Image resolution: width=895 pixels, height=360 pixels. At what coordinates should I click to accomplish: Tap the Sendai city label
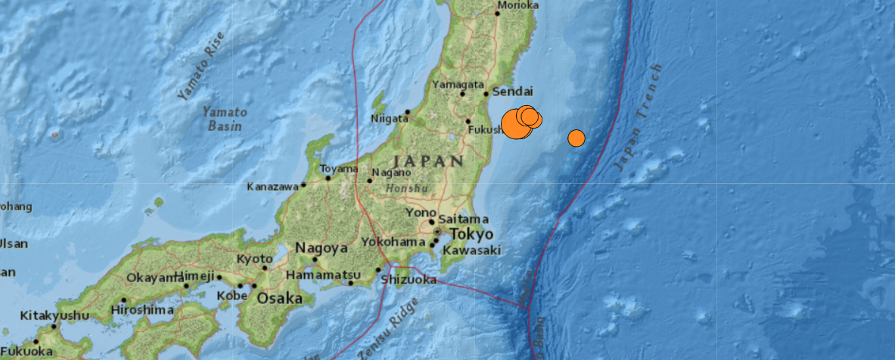pyautogui.click(x=512, y=92)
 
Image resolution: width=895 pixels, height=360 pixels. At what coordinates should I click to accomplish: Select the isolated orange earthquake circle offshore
pyautogui.click(x=576, y=138)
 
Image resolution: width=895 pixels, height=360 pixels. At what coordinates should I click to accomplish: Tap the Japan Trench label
pyautogui.click(x=639, y=117)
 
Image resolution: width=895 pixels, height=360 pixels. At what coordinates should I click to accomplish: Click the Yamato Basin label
pyautogui.click(x=222, y=119)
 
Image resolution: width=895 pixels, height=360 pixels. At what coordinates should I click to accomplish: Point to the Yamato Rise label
pyautogui.click(x=201, y=67)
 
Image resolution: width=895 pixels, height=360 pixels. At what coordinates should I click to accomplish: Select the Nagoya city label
pyautogui.click(x=321, y=247)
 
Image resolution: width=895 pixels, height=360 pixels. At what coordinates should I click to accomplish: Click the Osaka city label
pyautogui.click(x=280, y=298)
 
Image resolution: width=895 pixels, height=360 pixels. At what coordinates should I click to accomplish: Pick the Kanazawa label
pyautogui.click(x=272, y=187)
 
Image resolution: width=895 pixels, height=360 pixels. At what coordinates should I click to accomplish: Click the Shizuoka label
pyautogui.click(x=409, y=280)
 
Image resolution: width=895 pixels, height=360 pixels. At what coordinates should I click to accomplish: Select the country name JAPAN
pyautogui.click(x=428, y=160)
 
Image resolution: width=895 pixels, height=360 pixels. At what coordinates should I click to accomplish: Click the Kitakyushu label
pyautogui.click(x=54, y=315)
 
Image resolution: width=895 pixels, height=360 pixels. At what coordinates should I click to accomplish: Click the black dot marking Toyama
pyautogui.click(x=328, y=178)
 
